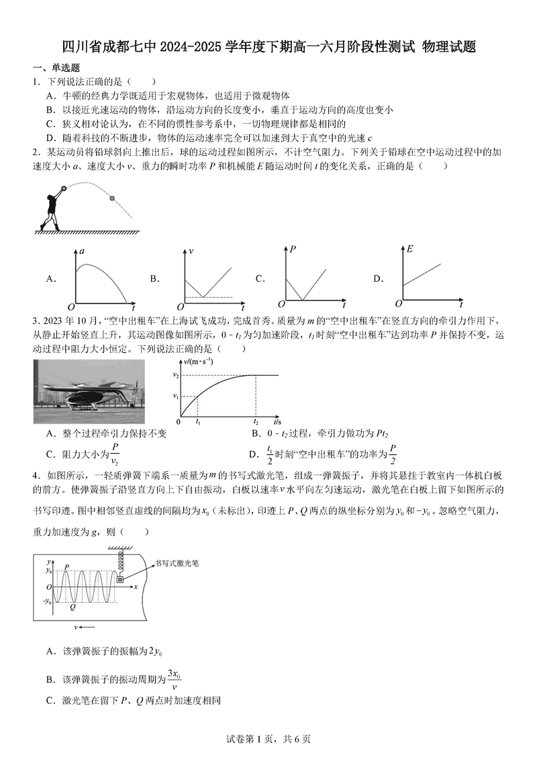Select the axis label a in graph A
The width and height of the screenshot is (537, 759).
pyautogui.click(x=81, y=251)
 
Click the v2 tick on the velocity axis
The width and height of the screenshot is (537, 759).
pyautogui.click(x=175, y=375)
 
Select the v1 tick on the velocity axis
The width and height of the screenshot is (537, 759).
pyautogui.click(x=175, y=397)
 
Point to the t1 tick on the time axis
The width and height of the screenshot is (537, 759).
pyautogui.click(x=197, y=422)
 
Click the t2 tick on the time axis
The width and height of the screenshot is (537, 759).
pyautogui.click(x=256, y=422)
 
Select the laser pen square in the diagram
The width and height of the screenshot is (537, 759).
pyautogui.click(x=121, y=579)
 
